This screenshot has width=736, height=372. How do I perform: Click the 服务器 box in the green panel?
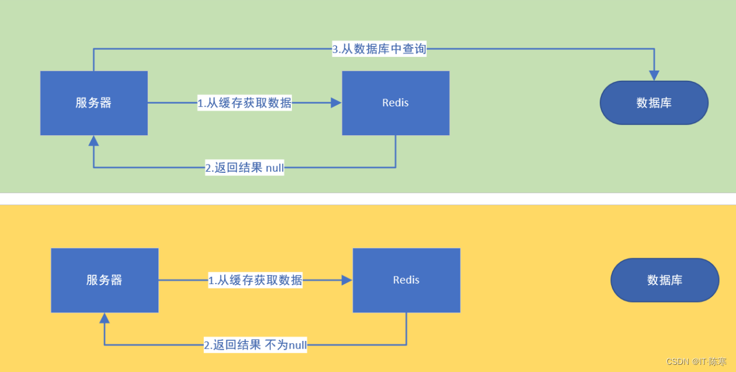click(94, 103)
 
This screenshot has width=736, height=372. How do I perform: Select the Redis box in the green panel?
click(395, 103)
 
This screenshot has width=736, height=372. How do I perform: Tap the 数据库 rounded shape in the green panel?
click(654, 103)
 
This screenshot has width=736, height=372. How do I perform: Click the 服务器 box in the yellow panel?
click(105, 280)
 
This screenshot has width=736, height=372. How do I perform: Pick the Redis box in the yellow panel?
click(406, 280)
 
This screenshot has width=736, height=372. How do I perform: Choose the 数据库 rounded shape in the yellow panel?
click(664, 280)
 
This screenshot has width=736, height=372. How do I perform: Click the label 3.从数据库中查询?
click(379, 49)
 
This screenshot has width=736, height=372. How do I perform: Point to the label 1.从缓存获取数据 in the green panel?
click(245, 103)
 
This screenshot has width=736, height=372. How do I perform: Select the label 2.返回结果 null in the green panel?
click(245, 168)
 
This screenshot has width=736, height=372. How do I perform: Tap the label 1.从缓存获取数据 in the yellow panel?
click(255, 280)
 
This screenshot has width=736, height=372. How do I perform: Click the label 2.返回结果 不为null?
click(255, 345)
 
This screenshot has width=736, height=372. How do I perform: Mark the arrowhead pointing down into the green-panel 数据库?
click(654, 75)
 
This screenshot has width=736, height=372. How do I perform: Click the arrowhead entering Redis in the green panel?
click(336, 103)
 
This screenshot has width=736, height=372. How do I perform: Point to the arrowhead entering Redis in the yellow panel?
click(347, 280)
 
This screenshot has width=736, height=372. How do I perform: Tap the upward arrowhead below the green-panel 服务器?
click(94, 141)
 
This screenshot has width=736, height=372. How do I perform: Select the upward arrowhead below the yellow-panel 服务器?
click(105, 318)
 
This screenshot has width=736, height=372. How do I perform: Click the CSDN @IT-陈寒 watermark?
click(696, 362)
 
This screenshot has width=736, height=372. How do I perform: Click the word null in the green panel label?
click(274, 168)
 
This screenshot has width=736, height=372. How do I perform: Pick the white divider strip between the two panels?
click(368, 199)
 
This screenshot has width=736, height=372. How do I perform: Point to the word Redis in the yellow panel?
click(406, 280)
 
